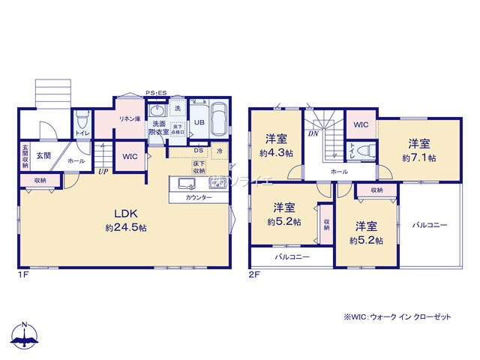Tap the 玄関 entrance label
tap(43, 156)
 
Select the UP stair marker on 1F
tap(101, 171)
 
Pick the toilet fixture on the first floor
tap(82, 119)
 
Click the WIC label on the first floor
tap(129, 156)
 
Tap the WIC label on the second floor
tap(360, 124)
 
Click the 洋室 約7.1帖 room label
tap(419, 150)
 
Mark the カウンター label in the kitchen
tap(199, 197)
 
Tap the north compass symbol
tap(25, 336)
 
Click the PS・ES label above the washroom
tap(157, 92)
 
